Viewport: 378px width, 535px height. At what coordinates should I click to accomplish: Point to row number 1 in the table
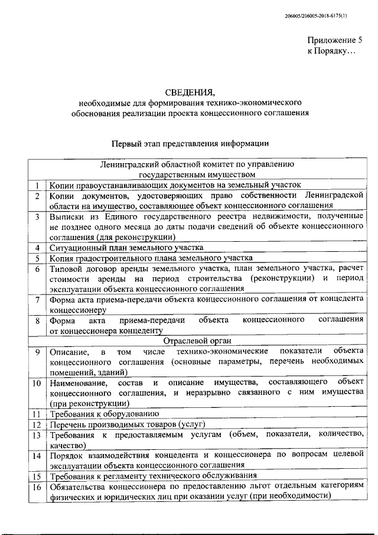click(x=37, y=185)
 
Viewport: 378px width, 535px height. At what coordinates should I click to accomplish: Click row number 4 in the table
click(x=37, y=248)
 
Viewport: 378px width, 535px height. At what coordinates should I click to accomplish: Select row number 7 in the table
click(x=37, y=300)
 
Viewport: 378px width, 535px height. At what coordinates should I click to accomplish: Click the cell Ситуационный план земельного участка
click(x=127, y=248)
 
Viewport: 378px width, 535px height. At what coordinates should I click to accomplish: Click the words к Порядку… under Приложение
click(x=332, y=52)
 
